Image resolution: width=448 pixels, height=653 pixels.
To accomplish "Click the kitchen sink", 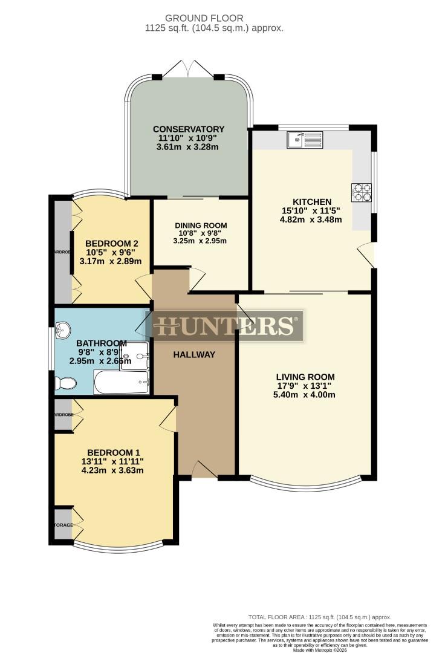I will click(x=305, y=140).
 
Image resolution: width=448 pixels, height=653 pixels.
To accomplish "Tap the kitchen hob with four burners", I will click(x=362, y=192).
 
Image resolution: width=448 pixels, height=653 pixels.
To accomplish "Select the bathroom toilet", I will click(x=65, y=383).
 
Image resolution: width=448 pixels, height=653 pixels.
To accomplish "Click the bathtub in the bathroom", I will click(x=122, y=383).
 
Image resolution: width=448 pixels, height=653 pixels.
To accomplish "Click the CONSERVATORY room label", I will click(x=189, y=129).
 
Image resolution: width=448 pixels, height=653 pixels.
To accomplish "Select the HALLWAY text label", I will click(x=195, y=354).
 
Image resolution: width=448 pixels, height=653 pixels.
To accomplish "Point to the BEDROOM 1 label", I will click(x=114, y=452).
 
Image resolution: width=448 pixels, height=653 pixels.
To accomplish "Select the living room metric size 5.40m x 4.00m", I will click(x=305, y=395).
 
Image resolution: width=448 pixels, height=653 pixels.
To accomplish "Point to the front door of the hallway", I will click(x=204, y=470).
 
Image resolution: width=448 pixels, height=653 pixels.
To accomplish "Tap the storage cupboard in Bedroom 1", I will click(x=63, y=524).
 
